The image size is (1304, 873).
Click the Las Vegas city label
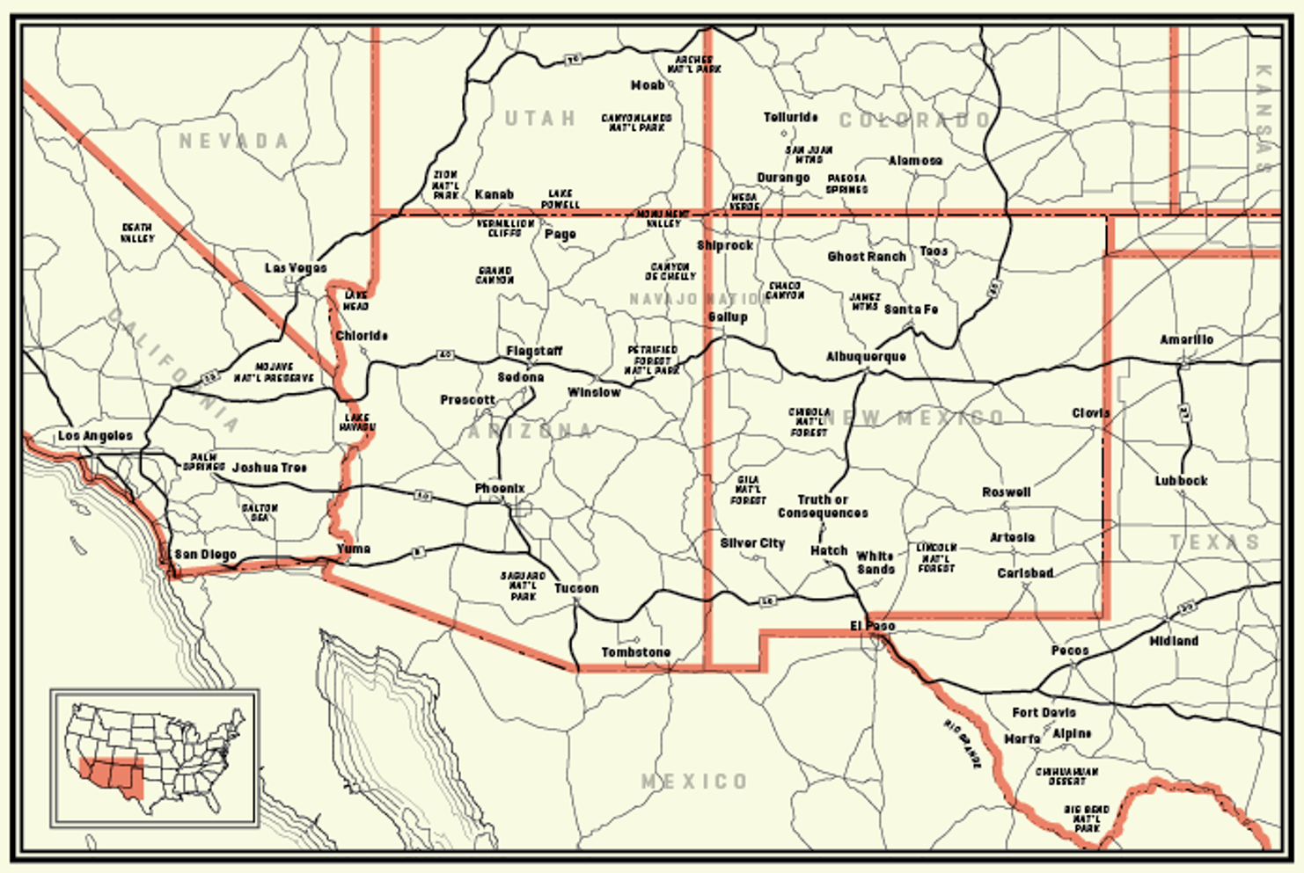tap(296, 268)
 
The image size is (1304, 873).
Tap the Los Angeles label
tap(95, 436)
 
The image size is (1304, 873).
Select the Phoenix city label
tap(500, 489)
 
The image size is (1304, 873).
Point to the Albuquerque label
tap(866, 357)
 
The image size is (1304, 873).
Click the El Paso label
tap(872, 626)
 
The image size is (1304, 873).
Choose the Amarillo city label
tap(1186, 339)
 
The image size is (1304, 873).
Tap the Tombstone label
tap(635, 652)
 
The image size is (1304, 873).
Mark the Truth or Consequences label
tap(823, 506)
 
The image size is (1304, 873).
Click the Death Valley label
tap(137, 233)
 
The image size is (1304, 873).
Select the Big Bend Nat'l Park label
tap(1087, 818)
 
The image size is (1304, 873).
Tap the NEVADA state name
tap(233, 141)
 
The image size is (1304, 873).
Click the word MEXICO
tap(694, 782)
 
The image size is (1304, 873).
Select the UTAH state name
tap(540, 119)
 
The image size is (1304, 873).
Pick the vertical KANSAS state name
tap(1264, 119)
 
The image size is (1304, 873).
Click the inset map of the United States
tap(155, 759)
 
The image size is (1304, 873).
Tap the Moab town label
tap(648, 85)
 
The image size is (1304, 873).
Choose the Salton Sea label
tap(260, 513)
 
